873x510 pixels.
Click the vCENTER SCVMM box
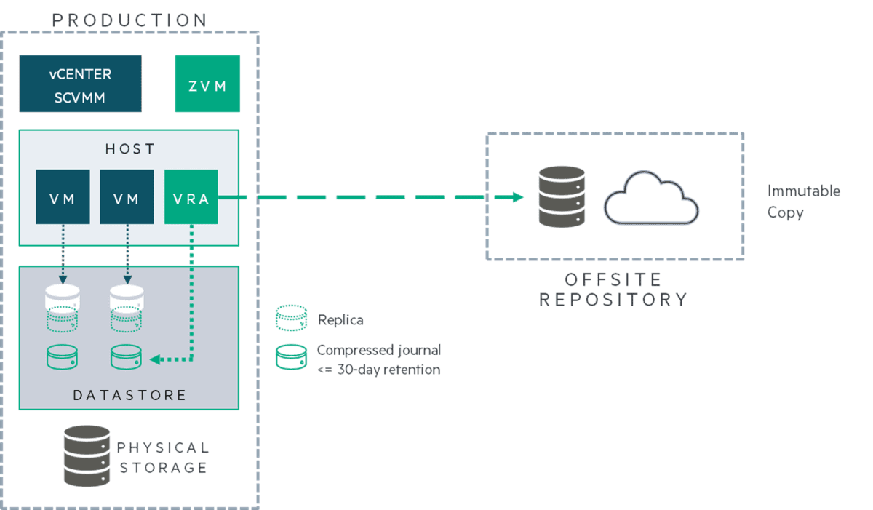pyautogui.click(x=80, y=84)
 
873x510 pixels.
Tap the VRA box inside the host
pyautogui.click(x=191, y=196)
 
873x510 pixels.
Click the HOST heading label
pyautogui.click(x=129, y=149)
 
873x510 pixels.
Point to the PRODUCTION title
pyautogui.click(x=129, y=20)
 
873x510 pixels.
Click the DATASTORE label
pyautogui.click(x=129, y=396)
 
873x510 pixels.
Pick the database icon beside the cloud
pyautogui.click(x=561, y=196)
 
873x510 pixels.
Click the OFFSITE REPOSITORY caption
pyautogui.click(x=613, y=290)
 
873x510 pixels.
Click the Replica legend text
pyautogui.click(x=340, y=320)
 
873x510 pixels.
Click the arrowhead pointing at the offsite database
pyautogui.click(x=517, y=197)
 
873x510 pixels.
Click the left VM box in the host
pyautogui.click(x=63, y=196)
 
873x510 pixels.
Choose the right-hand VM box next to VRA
pyautogui.click(x=127, y=196)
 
